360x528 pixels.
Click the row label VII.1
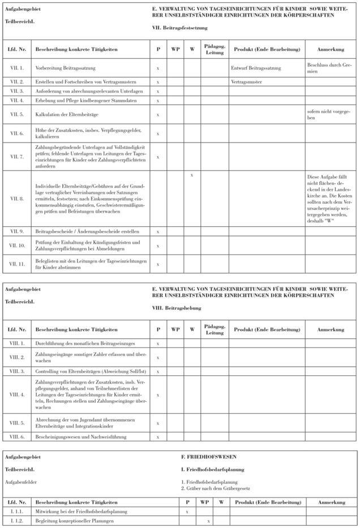click(16, 68)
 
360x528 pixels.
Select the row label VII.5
click(16, 114)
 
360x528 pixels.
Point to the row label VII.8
click(16, 199)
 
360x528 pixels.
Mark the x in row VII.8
click(191, 175)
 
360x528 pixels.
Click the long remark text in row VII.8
click(322, 198)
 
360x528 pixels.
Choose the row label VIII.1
click(16, 343)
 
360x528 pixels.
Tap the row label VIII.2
click(16, 357)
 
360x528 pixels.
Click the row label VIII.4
click(16, 394)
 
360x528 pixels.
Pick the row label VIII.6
click(16, 436)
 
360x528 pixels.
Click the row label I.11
click(17, 511)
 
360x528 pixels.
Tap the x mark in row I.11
click(187, 511)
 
